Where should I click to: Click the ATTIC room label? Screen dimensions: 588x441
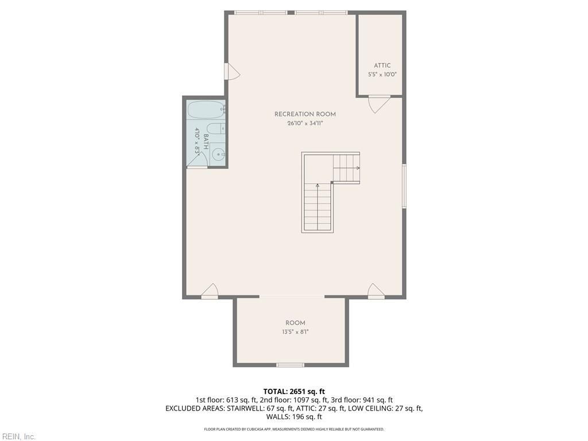(382, 65)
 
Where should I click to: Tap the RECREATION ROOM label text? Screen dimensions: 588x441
(305, 114)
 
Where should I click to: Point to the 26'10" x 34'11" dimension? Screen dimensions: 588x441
(305, 123)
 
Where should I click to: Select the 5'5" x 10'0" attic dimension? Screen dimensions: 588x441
(382, 74)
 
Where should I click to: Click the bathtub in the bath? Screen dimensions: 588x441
(206, 110)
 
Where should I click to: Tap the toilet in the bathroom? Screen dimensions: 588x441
(216, 129)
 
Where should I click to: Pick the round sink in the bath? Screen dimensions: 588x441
(218, 154)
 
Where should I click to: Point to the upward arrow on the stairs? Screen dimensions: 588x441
(318, 206)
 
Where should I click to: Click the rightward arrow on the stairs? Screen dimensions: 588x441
(346, 168)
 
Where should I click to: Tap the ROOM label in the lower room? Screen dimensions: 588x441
(295, 323)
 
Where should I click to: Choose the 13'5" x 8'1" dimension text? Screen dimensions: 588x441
(295, 332)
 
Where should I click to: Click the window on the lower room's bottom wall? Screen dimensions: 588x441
(290, 365)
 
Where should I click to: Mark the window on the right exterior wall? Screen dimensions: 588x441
(404, 185)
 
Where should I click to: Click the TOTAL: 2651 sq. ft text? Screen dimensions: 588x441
(294, 392)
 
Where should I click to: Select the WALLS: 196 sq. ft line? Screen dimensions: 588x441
(294, 417)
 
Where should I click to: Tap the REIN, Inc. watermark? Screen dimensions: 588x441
(18, 436)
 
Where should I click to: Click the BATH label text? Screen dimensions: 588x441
(206, 142)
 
